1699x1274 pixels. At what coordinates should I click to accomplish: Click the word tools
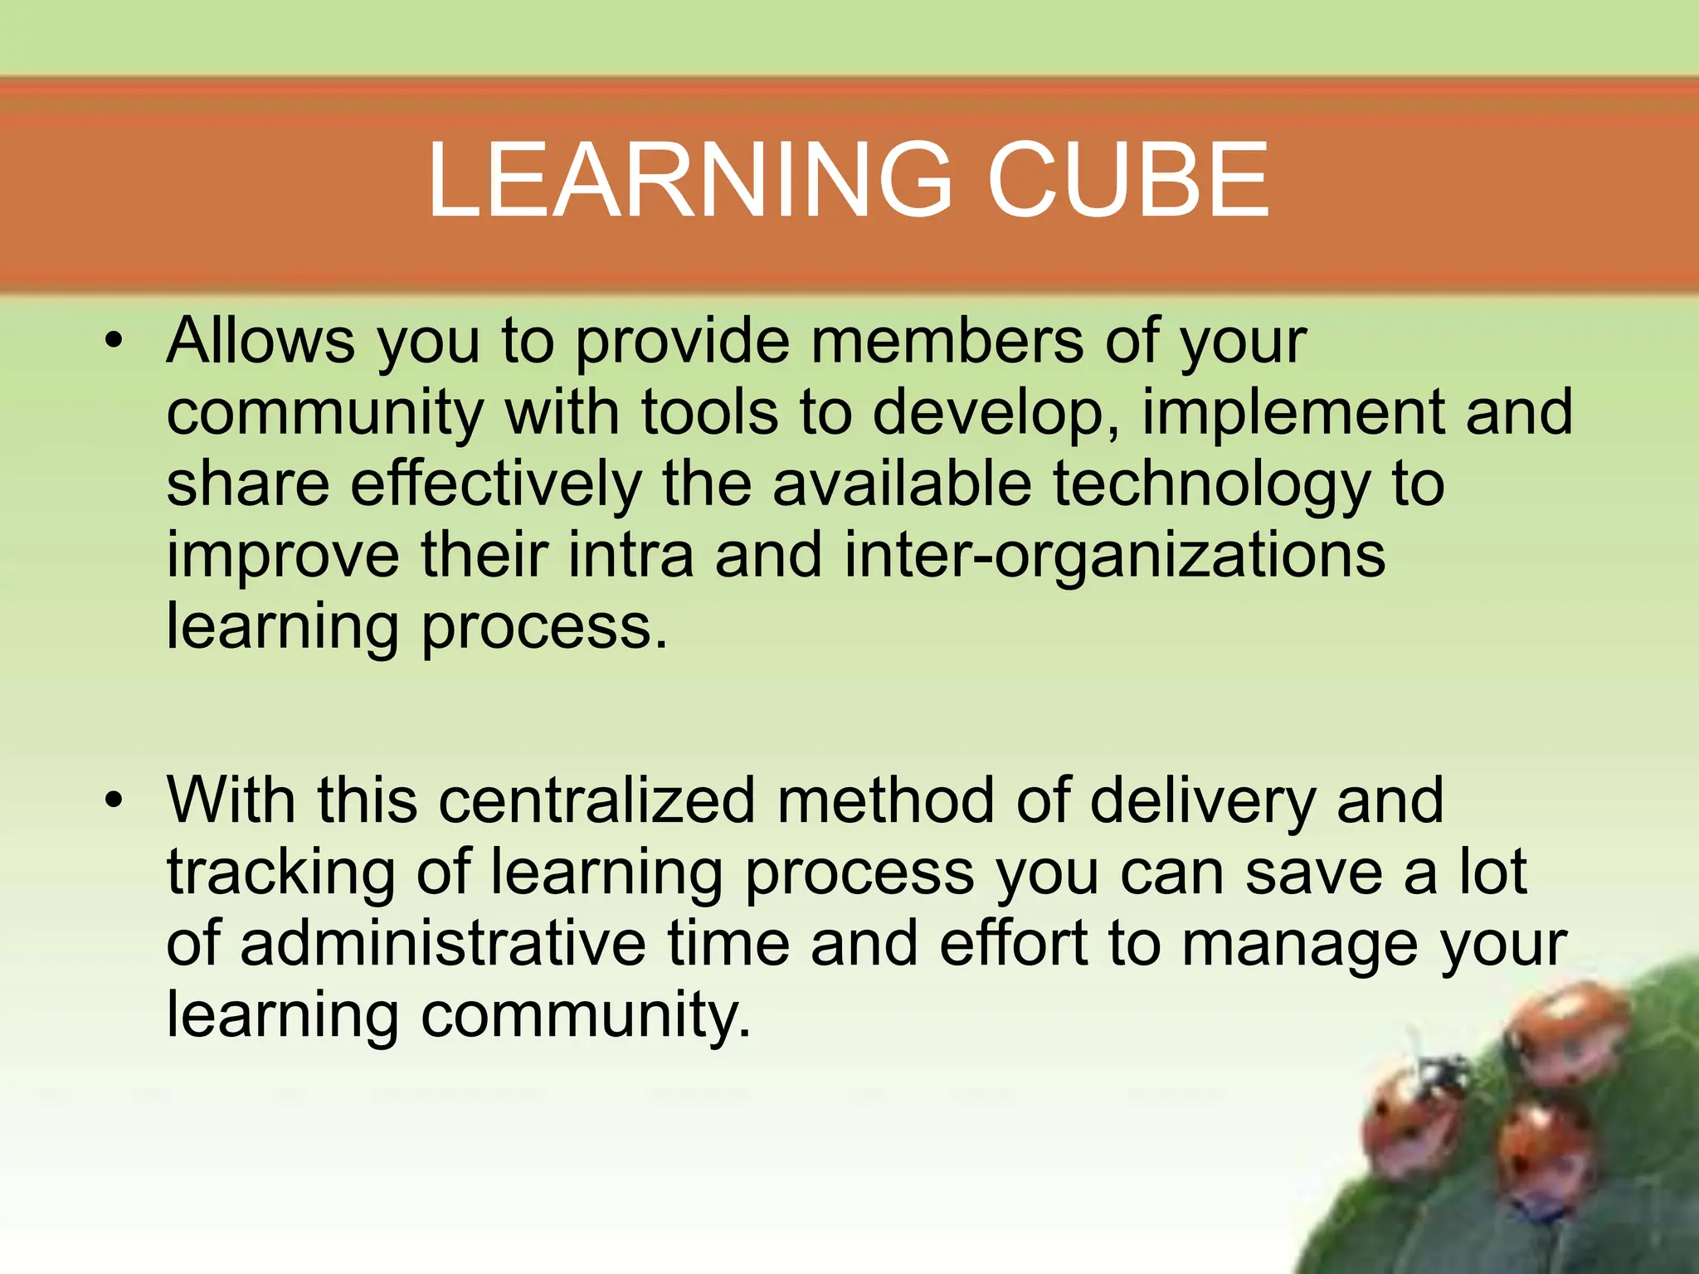(x=710, y=412)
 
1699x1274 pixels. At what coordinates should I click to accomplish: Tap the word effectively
(x=496, y=484)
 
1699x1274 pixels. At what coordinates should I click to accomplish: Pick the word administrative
(x=444, y=944)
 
